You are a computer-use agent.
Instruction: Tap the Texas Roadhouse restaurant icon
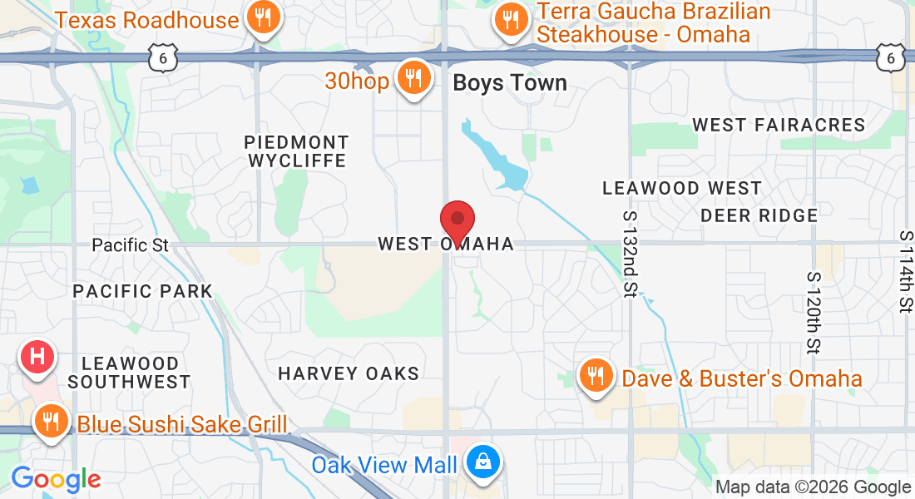pyautogui.click(x=263, y=18)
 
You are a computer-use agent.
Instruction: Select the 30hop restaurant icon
pyautogui.click(x=412, y=78)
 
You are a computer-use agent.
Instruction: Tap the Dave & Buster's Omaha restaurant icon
pyautogui.click(x=595, y=376)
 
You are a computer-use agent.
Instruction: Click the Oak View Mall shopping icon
pyautogui.click(x=482, y=461)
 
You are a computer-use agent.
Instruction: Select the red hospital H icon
pyautogui.click(x=37, y=357)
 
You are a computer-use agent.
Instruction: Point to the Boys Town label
pyautogui.click(x=509, y=83)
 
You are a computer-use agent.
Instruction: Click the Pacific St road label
pyautogui.click(x=130, y=245)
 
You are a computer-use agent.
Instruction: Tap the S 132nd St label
pyautogui.click(x=630, y=254)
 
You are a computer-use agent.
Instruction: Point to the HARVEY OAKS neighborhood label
pyautogui.click(x=349, y=373)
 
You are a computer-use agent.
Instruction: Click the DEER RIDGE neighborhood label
pyautogui.click(x=759, y=215)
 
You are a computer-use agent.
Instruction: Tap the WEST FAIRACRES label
pyautogui.click(x=779, y=125)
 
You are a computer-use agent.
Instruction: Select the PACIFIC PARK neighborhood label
pyautogui.click(x=143, y=291)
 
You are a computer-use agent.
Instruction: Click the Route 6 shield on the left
pyautogui.click(x=163, y=57)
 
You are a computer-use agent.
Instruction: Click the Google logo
pyautogui.click(x=56, y=479)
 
